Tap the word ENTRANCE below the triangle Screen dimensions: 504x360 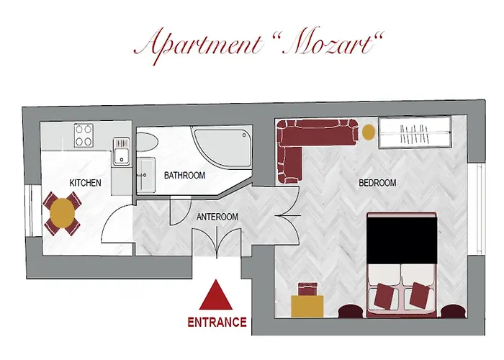coord(217,322)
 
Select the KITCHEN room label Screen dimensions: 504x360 coord(85,183)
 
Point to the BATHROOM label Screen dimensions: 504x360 coord(184,175)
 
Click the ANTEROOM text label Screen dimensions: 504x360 coord(217,217)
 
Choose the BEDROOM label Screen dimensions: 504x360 coord(377,183)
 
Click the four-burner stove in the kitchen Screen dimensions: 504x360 coord(84,135)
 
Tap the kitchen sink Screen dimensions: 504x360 coord(121,151)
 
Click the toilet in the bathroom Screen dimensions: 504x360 coord(148,142)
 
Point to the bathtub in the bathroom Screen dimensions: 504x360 coord(222,147)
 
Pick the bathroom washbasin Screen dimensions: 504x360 coord(146,175)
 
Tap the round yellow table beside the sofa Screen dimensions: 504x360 coord(369,132)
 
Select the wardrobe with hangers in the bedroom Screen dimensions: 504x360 coord(415,132)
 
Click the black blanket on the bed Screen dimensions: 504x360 coord(402,240)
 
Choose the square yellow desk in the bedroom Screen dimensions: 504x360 coord(307,306)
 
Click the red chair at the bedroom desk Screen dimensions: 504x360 coord(308,289)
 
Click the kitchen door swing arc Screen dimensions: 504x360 coord(111,219)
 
